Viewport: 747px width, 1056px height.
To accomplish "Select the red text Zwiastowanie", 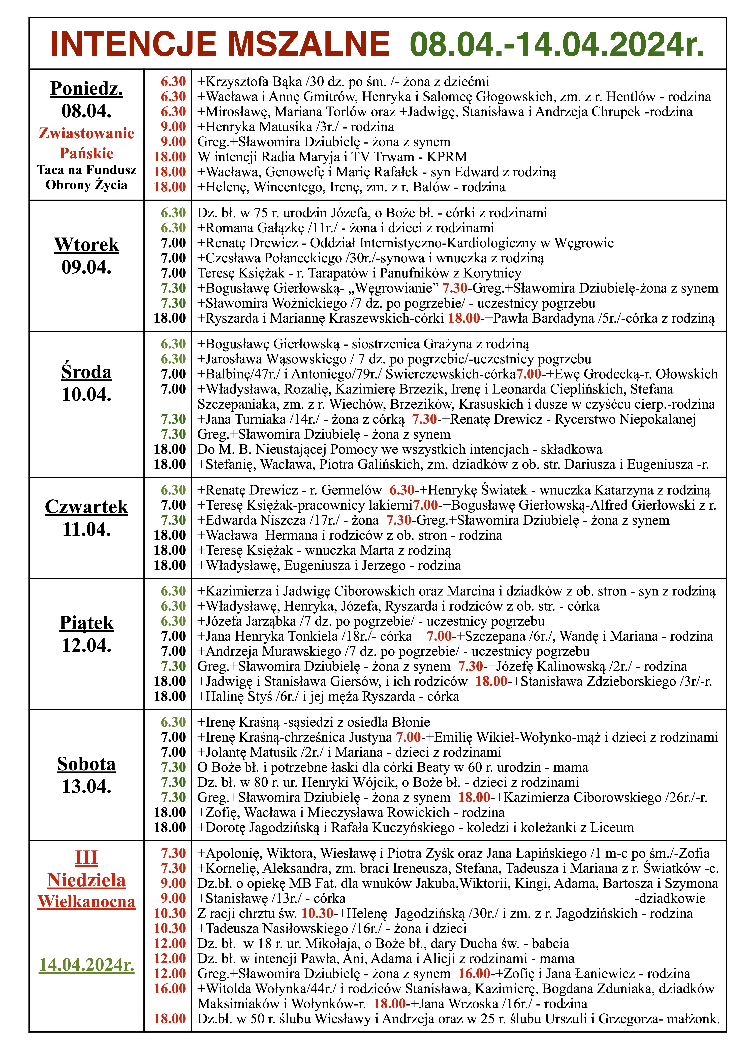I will click(86, 133).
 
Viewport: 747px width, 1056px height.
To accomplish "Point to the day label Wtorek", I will click(86, 245).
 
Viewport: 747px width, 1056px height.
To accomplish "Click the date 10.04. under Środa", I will click(86, 395).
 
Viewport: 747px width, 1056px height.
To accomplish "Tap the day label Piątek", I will click(86, 623).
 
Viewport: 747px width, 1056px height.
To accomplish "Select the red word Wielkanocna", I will click(86, 901).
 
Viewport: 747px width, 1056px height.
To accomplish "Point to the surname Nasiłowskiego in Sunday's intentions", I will click(297, 929).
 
